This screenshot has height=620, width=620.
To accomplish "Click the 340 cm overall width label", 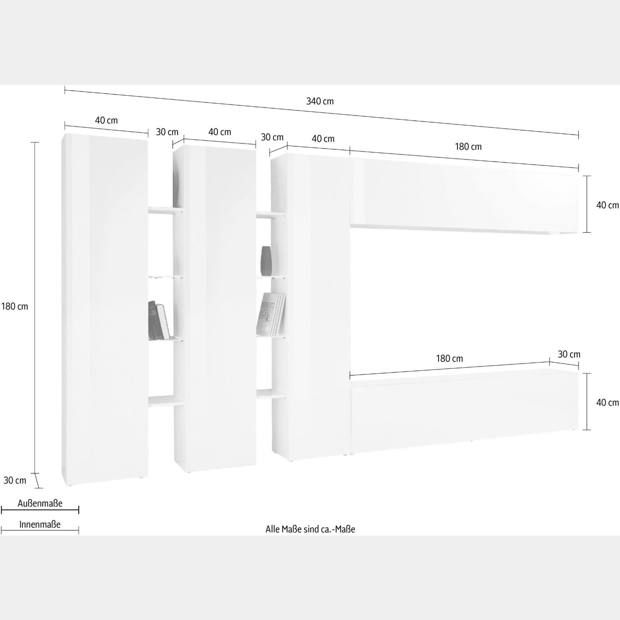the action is (320, 101).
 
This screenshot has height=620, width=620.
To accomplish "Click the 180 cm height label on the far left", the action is (15, 306).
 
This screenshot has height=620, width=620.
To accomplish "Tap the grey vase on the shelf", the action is (266, 261).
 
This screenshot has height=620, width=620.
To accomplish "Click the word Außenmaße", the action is (40, 504).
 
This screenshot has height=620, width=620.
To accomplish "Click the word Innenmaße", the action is (40, 525).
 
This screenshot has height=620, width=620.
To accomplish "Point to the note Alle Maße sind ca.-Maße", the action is (310, 529).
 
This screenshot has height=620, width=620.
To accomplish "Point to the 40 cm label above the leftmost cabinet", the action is (106, 120).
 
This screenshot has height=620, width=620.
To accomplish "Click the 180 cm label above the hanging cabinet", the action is (468, 147).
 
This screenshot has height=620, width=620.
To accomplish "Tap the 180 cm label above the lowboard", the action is (450, 359).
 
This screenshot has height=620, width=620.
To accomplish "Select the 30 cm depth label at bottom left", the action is (15, 480).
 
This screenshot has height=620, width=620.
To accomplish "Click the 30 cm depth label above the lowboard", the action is (569, 354).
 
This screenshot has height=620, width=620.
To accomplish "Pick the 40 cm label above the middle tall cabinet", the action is (220, 132).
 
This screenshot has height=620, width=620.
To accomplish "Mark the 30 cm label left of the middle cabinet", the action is (167, 132).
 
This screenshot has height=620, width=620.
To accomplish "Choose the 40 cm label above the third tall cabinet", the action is (323, 139).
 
